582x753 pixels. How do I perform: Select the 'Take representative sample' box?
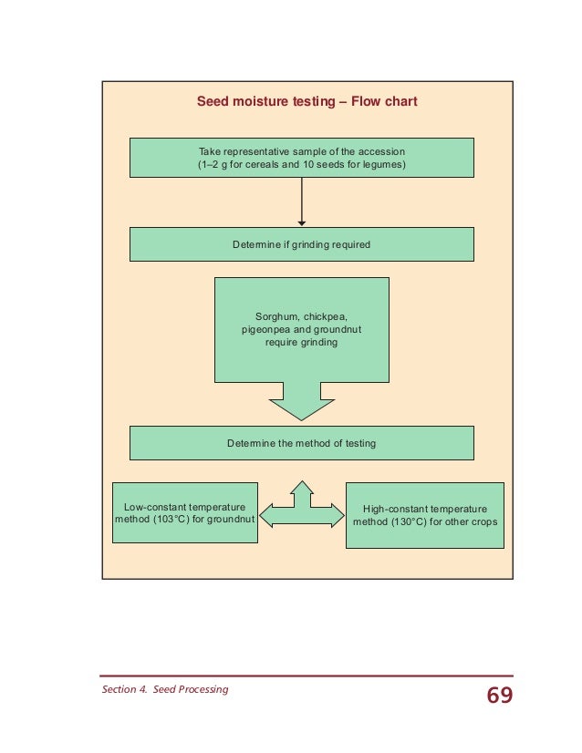tap(301, 157)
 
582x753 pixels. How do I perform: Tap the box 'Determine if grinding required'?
tap(301, 244)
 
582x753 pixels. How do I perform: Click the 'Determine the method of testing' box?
tap(301, 443)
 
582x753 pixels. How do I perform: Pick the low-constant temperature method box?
tap(184, 513)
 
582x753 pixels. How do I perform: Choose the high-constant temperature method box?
tap(424, 515)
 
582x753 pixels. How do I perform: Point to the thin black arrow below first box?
tap(301, 201)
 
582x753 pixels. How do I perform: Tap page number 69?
tap(499, 696)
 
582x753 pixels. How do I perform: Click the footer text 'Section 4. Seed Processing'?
tap(164, 689)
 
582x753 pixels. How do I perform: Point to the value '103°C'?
tap(173, 520)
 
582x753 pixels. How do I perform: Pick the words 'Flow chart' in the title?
tap(384, 102)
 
